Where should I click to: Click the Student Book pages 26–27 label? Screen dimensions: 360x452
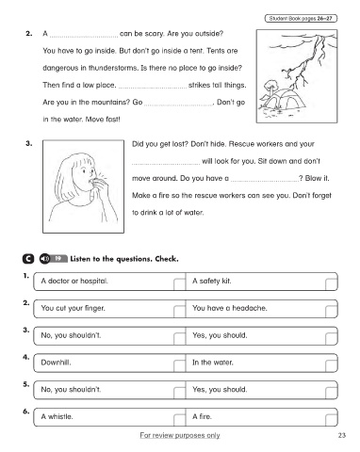301,19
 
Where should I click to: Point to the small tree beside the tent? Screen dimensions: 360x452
270,89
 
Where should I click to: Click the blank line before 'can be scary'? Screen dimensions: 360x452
84,37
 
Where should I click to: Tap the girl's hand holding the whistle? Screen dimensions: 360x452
99,186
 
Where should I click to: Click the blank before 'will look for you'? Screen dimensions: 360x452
166,164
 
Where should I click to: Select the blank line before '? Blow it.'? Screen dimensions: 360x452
264,181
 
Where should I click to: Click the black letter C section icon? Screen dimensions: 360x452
28,259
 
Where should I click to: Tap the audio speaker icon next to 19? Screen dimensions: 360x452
44,259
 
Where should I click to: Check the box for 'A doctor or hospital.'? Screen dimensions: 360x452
179,283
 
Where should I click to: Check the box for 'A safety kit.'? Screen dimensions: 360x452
331,283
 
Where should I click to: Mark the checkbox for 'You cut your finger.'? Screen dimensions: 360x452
179,311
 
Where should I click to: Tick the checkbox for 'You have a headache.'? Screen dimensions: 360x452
331,311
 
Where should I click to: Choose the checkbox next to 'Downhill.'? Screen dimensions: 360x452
179,365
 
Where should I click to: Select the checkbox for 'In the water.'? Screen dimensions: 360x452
331,365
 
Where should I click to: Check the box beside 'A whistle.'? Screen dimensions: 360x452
179,419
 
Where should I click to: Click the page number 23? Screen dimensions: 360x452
342,435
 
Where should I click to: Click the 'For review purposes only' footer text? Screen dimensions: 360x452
180,435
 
